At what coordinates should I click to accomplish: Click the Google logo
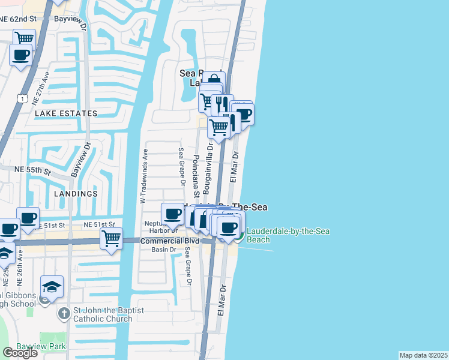coord(20,353)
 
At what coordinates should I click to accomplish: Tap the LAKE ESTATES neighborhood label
coord(66,113)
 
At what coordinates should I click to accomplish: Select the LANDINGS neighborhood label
coord(76,194)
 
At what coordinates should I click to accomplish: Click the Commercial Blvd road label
coord(161,241)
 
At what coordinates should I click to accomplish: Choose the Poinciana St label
coord(196,177)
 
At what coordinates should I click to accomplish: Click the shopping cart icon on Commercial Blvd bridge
coord(112,238)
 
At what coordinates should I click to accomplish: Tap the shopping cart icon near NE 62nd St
coord(24,38)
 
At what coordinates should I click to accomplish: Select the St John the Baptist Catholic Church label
coord(103,314)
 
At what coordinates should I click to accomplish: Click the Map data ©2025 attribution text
coord(424,355)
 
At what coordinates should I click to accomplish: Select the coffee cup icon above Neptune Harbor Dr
coord(173,213)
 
